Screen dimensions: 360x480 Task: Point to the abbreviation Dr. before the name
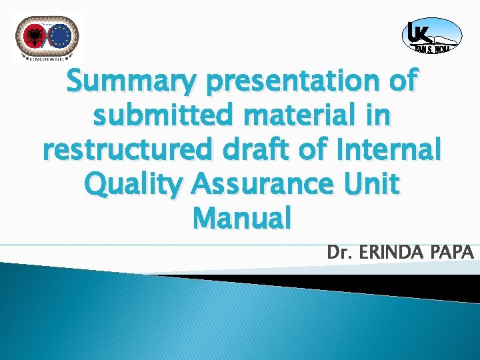tap(338, 253)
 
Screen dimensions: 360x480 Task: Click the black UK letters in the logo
tap(418, 32)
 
